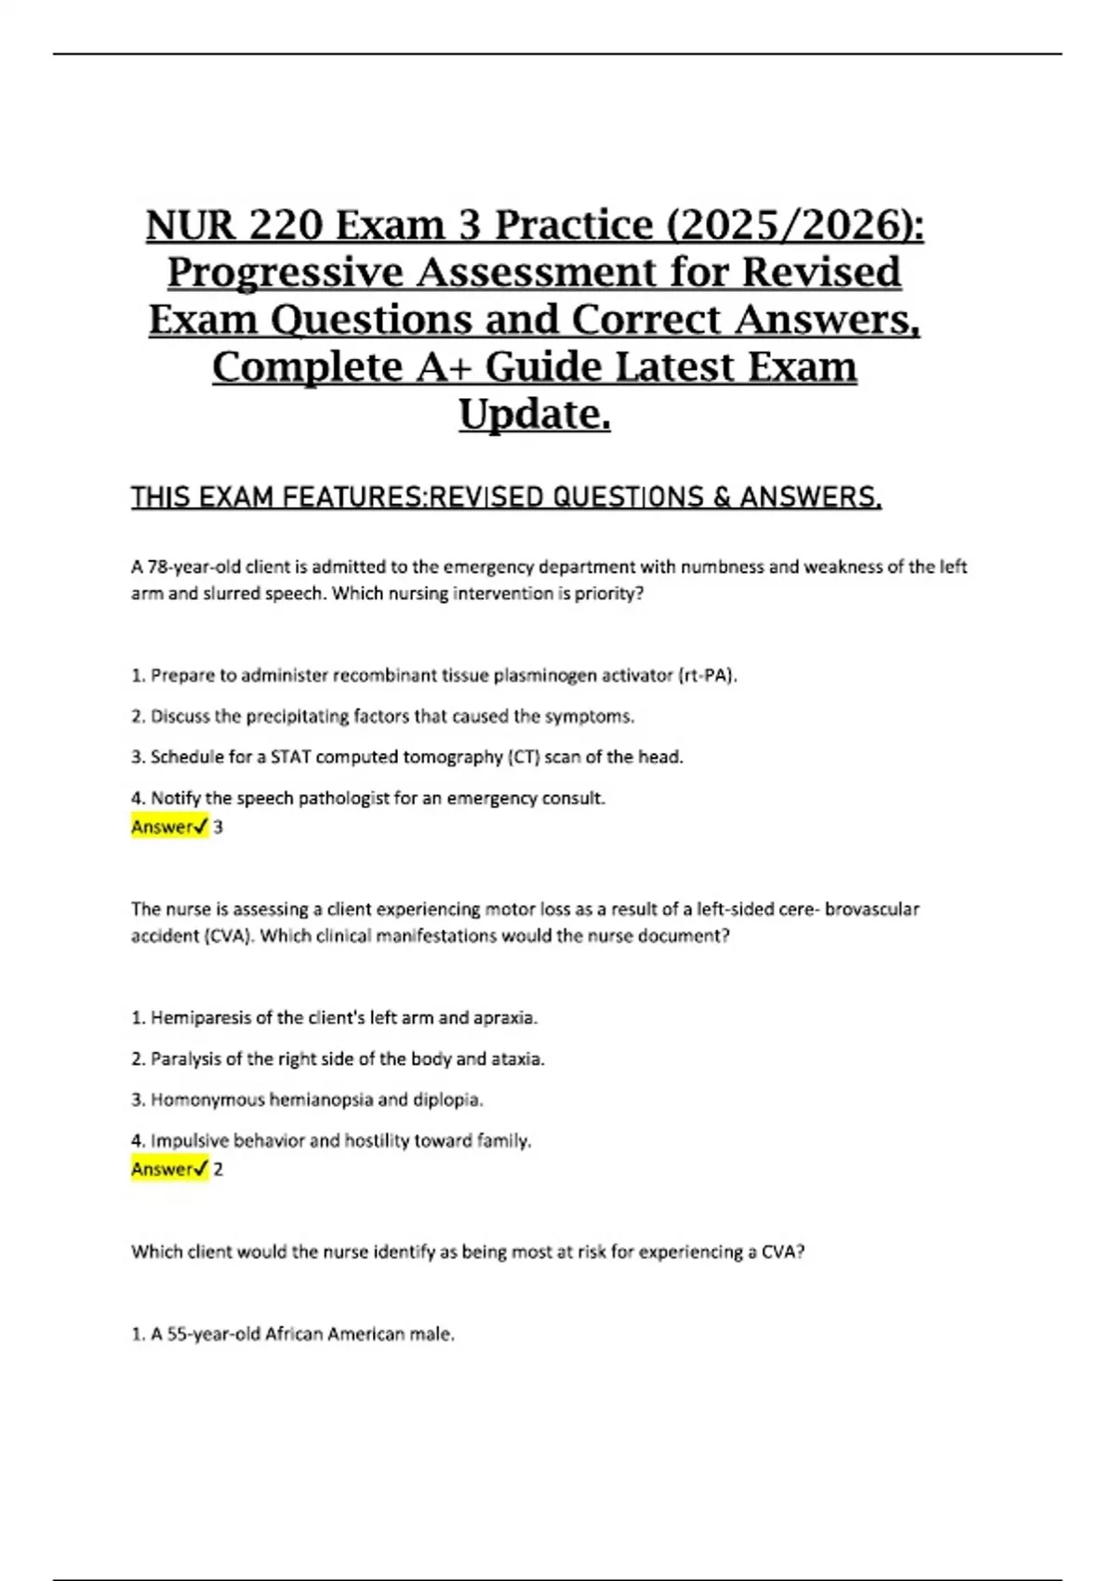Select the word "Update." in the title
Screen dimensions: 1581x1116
pos(535,414)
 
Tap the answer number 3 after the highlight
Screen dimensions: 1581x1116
pos(219,827)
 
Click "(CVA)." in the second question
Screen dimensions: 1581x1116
pos(229,936)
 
